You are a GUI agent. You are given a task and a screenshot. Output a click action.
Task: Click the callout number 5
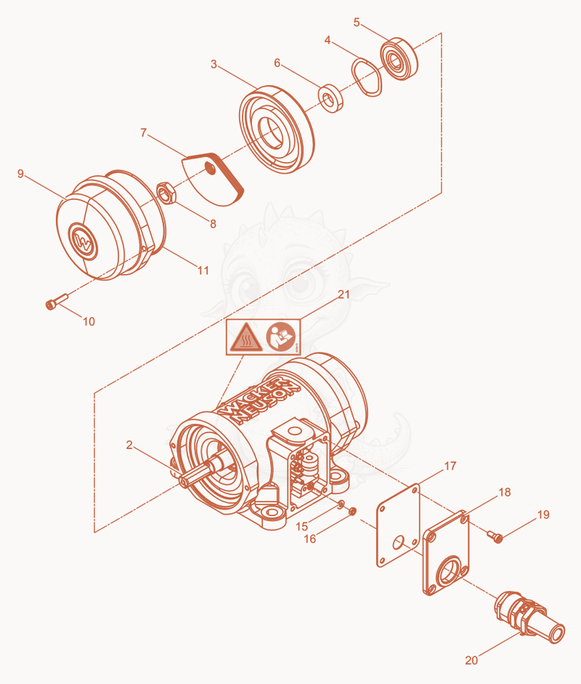(357, 23)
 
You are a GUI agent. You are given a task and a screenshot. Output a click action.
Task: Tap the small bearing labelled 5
(399, 59)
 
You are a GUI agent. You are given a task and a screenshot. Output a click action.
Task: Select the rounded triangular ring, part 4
(367, 77)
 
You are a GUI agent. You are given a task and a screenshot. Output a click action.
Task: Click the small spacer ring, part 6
(331, 99)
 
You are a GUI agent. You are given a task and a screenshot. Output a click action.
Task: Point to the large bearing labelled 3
(276, 129)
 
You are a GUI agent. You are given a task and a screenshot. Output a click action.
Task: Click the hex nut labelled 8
(166, 193)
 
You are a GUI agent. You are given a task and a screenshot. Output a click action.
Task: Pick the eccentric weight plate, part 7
(213, 178)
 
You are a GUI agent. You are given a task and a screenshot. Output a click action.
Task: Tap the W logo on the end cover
(83, 241)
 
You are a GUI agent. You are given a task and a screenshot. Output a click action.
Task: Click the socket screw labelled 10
(56, 301)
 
